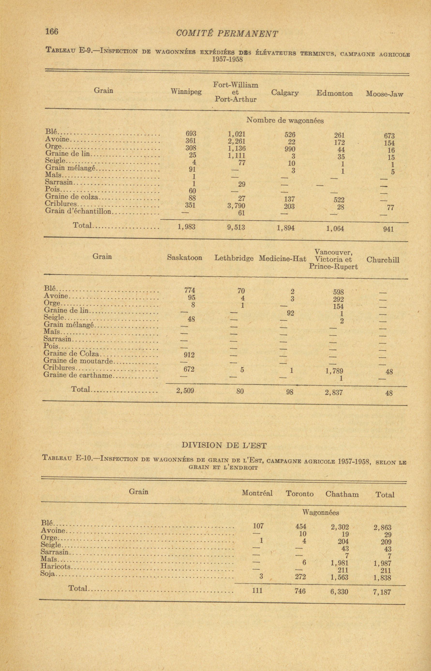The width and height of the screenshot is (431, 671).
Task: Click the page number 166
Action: (52, 32)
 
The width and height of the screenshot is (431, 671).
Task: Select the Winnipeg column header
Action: (186, 92)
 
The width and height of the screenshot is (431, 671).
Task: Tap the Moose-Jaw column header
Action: (385, 94)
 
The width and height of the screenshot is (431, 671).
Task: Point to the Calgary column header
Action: (285, 93)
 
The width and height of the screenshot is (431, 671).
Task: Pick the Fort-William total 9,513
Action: (236, 228)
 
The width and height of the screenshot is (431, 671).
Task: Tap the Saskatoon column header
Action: (185, 258)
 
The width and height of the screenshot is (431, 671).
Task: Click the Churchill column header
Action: (383, 260)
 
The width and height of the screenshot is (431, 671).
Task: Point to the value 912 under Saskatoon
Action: (189, 355)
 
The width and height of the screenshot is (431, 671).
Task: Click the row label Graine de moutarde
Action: (78, 361)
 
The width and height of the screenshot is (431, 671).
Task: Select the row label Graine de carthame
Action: (78, 375)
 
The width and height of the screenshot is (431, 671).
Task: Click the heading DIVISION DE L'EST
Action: (224, 445)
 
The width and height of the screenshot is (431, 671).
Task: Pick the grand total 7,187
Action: (382, 592)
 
